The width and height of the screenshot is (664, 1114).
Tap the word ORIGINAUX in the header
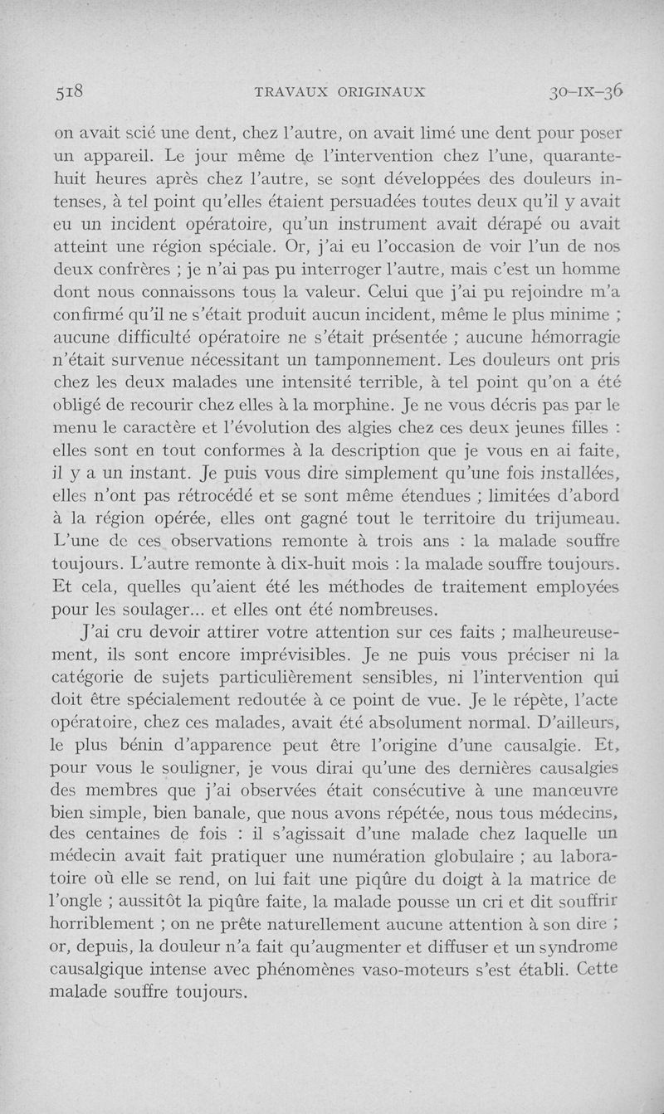click(381, 92)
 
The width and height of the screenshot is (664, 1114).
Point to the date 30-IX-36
click(586, 91)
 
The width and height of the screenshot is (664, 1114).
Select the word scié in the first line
click(139, 132)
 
